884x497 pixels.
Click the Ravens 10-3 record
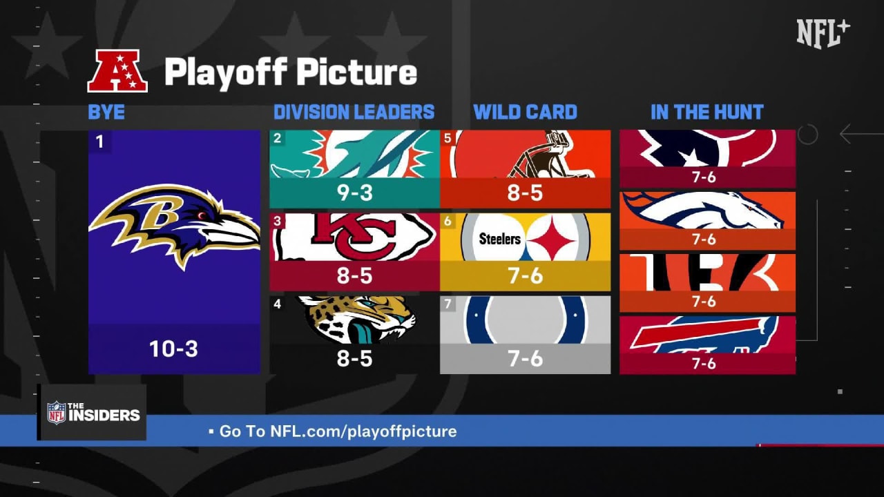pos(173,349)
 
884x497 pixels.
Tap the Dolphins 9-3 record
pos(354,193)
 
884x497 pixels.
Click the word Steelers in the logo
pos(499,239)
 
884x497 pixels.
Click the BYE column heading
pos(106,112)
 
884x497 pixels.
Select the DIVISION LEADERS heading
pos(354,112)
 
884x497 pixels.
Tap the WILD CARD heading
pos(525,112)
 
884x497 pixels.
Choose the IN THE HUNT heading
pos(707,112)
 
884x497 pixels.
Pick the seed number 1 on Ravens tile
pos(99,142)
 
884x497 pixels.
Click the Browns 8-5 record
pos(525,193)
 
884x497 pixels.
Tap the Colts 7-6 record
pos(525,358)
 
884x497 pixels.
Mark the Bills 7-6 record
pos(704,363)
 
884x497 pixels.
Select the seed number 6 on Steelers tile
pos(448,221)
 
